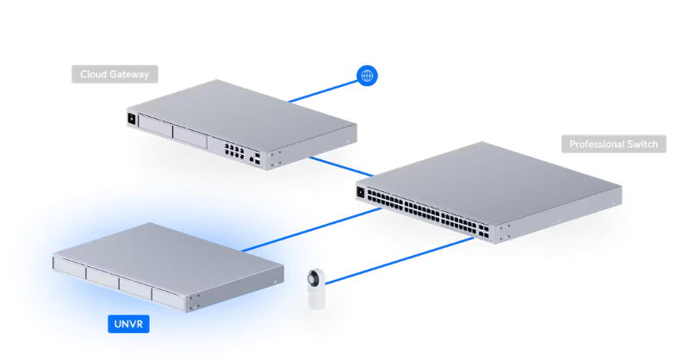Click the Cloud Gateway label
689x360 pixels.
pyautogui.click(x=115, y=74)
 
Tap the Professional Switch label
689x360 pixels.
pyautogui.click(x=613, y=144)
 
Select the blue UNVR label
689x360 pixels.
pyautogui.click(x=128, y=325)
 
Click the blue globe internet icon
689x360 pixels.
pyautogui.click(x=367, y=77)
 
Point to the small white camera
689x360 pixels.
pyautogui.click(x=315, y=289)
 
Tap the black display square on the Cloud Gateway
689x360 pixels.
pyautogui.click(x=132, y=118)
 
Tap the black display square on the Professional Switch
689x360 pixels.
pyautogui.click(x=361, y=192)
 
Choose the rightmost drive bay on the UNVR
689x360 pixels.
pyautogui.click(x=169, y=295)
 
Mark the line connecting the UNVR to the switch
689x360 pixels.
pyautogui.click(x=297, y=233)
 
